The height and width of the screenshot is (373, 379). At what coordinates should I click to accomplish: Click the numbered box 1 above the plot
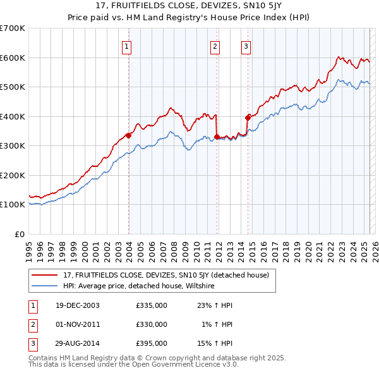coord(127,46)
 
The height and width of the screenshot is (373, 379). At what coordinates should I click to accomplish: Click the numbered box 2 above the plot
coord(215,46)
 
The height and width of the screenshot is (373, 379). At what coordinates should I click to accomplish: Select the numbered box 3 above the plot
coord(246,46)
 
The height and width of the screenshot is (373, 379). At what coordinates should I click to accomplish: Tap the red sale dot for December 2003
coord(128,135)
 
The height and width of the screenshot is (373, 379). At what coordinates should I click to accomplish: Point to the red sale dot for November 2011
coord(217,137)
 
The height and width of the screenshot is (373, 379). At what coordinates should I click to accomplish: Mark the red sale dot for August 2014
coord(248,118)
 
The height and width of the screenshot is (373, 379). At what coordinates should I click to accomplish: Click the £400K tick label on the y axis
coord(12,116)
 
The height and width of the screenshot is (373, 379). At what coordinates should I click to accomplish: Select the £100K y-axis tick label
coord(12,205)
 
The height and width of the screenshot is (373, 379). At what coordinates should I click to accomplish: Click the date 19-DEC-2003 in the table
coord(77,305)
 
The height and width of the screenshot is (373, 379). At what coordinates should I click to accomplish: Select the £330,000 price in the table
coord(152,324)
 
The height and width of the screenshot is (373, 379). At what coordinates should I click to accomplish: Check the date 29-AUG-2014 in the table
coord(77,343)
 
